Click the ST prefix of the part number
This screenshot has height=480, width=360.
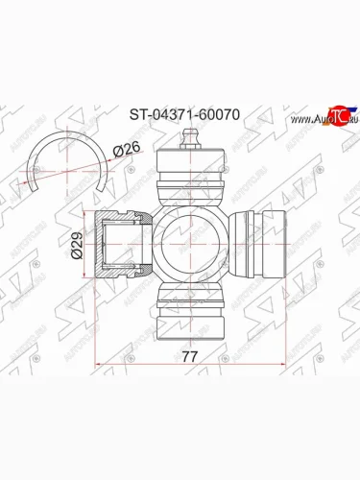click(138, 112)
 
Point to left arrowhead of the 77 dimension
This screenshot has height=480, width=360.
click(101, 365)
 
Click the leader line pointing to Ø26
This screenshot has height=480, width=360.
click(100, 159)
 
